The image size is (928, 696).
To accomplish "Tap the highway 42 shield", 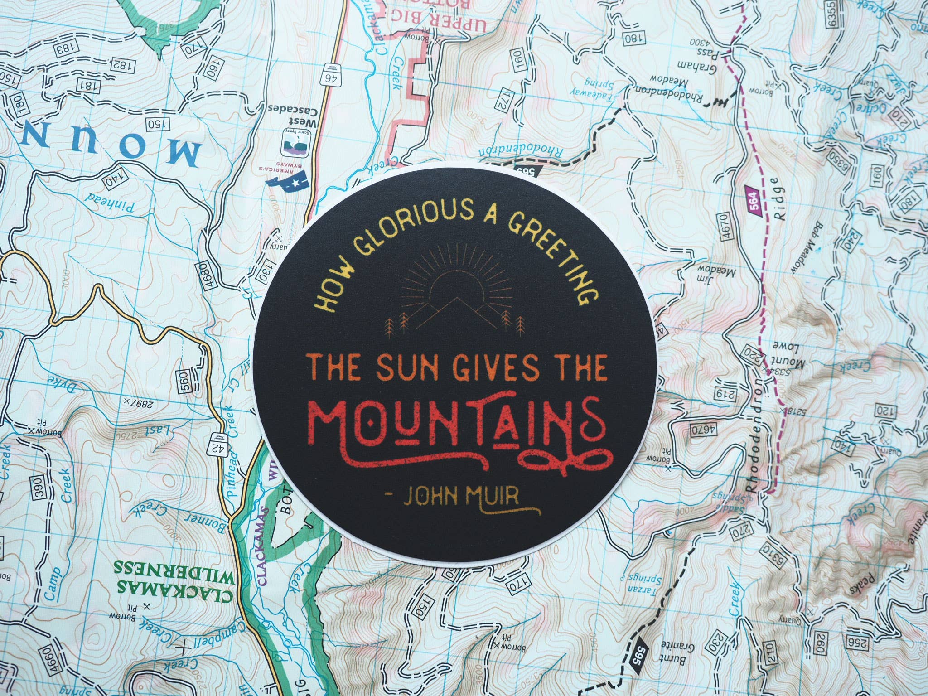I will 214,451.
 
